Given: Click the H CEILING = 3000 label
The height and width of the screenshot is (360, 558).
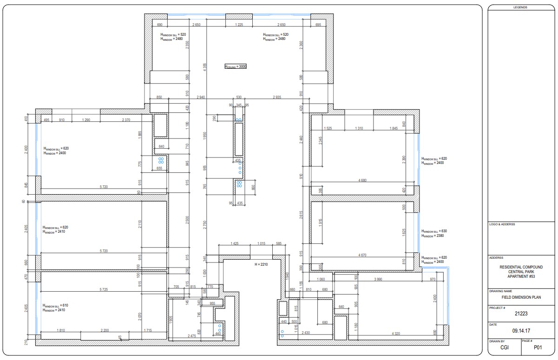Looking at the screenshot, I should pyautogui.click(x=236, y=66).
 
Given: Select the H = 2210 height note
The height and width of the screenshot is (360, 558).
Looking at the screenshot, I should pyautogui.click(x=262, y=264).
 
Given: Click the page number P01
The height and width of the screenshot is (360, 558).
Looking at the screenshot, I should pyautogui.click(x=538, y=347).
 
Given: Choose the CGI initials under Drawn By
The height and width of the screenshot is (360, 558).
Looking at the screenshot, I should pyautogui.click(x=504, y=347).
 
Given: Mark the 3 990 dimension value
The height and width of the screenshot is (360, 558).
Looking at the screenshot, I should pyautogui.click(x=381, y=279).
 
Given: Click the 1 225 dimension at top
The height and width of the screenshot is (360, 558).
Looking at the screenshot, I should pyautogui.click(x=239, y=24).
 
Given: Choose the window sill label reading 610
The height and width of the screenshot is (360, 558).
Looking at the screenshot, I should pyautogui.click(x=56, y=305).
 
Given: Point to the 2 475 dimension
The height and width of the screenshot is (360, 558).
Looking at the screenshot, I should pyautogui.click(x=191, y=336).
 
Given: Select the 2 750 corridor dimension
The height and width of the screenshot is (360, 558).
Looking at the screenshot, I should pyautogui.click(x=204, y=224).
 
